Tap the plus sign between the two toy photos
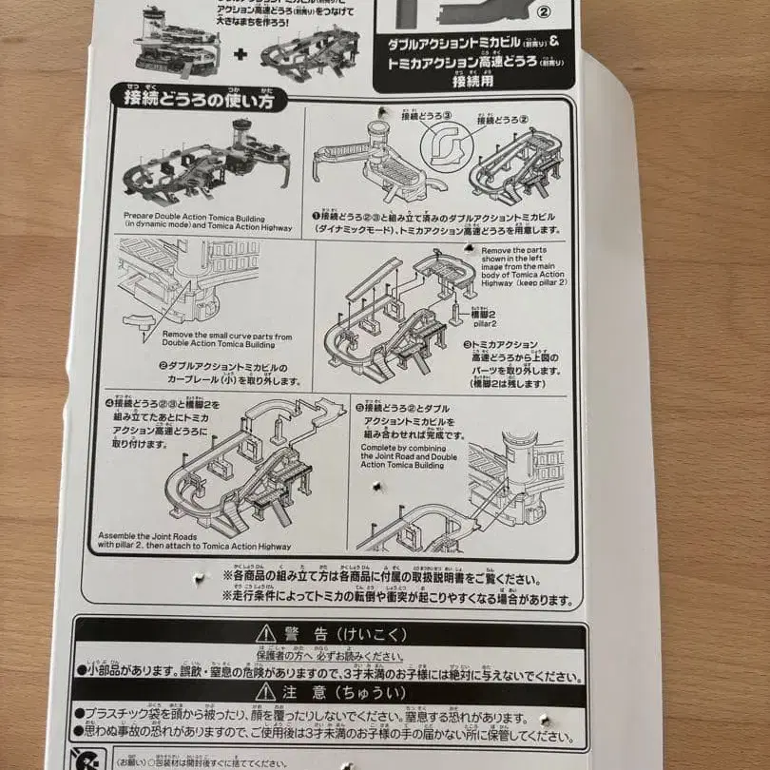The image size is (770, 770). point(241,53)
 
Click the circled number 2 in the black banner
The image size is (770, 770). point(544,12)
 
